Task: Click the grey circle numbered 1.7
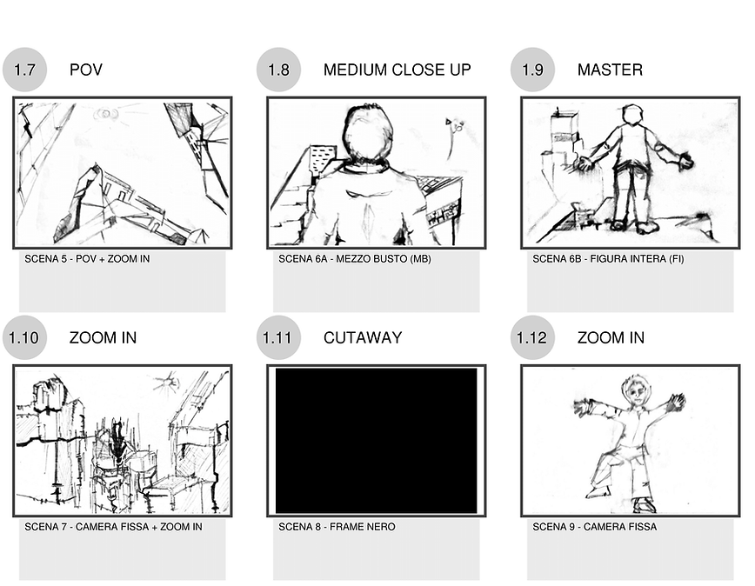coord(24,70)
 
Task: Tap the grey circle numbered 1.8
coord(279,70)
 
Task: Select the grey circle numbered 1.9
coord(532,70)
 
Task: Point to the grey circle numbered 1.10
coord(24,337)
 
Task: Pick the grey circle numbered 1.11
coord(279,337)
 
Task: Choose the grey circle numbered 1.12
coord(532,337)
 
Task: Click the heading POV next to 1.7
coord(86,70)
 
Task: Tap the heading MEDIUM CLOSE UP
coord(398,70)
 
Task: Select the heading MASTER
coord(610,70)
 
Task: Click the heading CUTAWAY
coord(363,337)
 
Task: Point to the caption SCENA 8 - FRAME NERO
coord(337,527)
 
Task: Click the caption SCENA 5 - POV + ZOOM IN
coord(87,259)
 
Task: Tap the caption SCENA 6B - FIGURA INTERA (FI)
coord(608,259)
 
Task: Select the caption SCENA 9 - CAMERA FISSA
coord(595,527)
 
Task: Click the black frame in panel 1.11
coord(376,441)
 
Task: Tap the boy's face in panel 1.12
coord(637,393)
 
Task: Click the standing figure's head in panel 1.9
coord(632,116)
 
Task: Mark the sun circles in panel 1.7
coord(109,115)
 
